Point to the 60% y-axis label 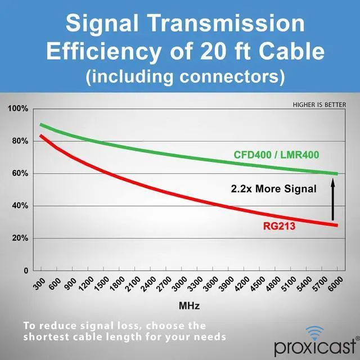point(19,173)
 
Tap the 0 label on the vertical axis point(25,271)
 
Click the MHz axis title point(188,307)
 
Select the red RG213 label point(278,227)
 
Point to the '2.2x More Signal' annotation point(274,188)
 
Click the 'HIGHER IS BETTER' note point(319,105)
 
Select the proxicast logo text point(315,346)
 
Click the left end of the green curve point(41,125)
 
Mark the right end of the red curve point(337,225)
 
